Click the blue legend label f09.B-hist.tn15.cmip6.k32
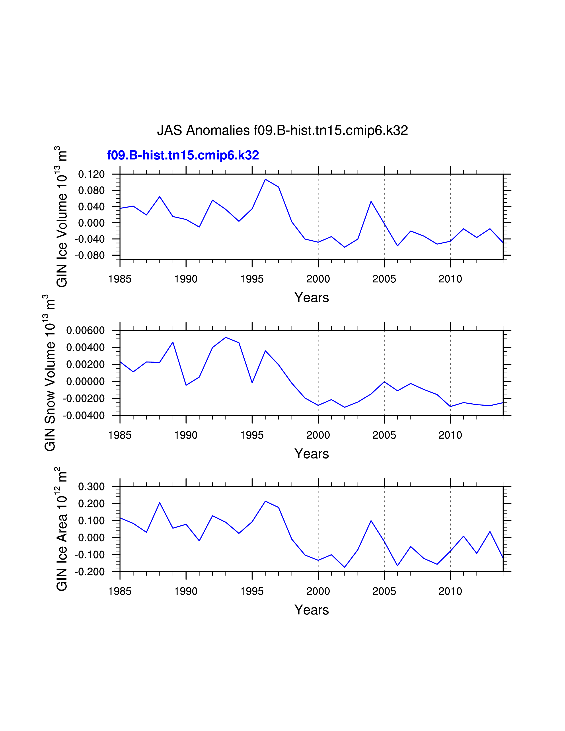[183, 155]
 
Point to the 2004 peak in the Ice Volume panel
[371, 202]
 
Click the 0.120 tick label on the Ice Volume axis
[91, 174]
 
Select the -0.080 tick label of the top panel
[90, 255]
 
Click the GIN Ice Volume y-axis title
[62, 217]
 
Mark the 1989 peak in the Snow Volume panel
[173, 342]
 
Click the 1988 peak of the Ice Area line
[160, 503]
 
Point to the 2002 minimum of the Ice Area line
[344, 567]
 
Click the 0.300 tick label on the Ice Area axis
[91, 487]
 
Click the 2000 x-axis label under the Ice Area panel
[318, 591]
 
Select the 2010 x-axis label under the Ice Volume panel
[450, 279]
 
